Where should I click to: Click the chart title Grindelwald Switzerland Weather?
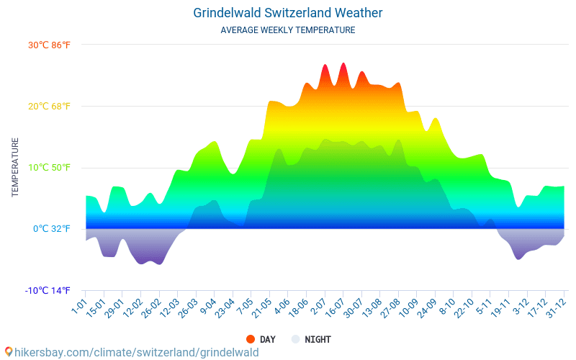click(288, 13)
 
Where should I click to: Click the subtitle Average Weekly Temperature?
click(288, 30)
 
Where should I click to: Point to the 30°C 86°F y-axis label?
click(49, 45)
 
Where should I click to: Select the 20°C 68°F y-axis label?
click(49, 107)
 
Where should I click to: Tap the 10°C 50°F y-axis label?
click(49, 168)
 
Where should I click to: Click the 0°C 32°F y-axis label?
click(52, 229)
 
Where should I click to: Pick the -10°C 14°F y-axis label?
click(48, 291)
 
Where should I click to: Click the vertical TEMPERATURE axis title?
click(15, 168)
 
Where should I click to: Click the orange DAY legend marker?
click(251, 339)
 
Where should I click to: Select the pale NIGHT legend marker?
click(295, 339)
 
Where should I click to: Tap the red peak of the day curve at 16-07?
click(343, 65)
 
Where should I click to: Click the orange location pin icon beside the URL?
click(8, 352)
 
